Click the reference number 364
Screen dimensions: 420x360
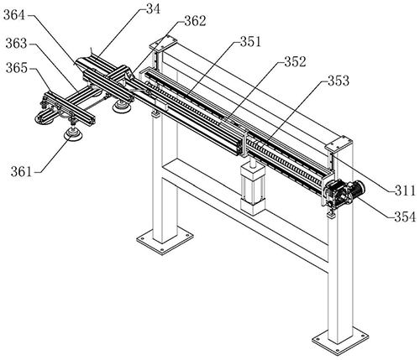pyautogui.click(x=14, y=15)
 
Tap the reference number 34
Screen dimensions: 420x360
pyautogui.click(x=154, y=8)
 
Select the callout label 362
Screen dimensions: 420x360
pyautogui.click(x=195, y=21)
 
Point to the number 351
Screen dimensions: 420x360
pyautogui.click(x=250, y=42)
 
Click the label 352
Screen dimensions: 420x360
pyautogui.click(x=295, y=62)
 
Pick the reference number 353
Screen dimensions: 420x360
pyautogui.click(x=339, y=81)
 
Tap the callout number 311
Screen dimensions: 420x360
pyautogui.click(x=405, y=191)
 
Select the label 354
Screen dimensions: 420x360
pyautogui.click(x=405, y=217)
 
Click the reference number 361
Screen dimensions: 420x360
pyautogui.click(x=22, y=171)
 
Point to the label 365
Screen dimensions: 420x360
pyautogui.click(x=17, y=68)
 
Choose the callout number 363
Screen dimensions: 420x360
pyautogui.click(x=17, y=44)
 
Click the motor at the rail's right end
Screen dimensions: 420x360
pyautogui.click(x=344, y=193)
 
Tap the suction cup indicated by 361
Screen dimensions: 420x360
pyautogui.click(x=73, y=135)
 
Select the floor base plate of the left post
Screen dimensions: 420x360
pyautogui.click(x=165, y=240)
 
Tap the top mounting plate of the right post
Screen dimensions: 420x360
pyautogui.click(x=339, y=144)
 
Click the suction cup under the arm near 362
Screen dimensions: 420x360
pyautogui.click(x=121, y=107)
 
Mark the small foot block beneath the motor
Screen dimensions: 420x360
pyautogui.click(x=331, y=216)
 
